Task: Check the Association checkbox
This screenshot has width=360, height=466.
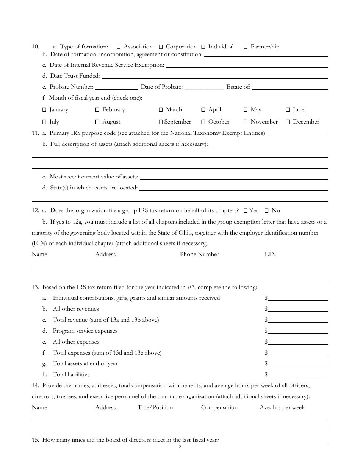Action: (119, 47)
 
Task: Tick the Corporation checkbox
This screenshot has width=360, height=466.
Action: (161, 47)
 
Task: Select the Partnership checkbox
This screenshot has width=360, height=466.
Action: (246, 47)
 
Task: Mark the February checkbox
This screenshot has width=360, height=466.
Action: (97, 110)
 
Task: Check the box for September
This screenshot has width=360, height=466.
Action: (161, 122)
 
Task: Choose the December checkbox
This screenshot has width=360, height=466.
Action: (288, 122)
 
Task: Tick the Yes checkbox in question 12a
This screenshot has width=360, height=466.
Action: (246, 211)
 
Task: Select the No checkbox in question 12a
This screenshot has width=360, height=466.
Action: (267, 211)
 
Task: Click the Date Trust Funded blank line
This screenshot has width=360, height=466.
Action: (214, 77)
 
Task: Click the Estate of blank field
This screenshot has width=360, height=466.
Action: (290, 88)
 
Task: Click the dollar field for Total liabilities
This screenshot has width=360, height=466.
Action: (298, 375)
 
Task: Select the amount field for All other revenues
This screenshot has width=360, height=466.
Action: (298, 310)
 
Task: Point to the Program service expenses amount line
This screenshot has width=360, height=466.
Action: (298, 332)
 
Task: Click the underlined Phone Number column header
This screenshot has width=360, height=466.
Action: (199, 255)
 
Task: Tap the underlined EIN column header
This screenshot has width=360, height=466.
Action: (270, 255)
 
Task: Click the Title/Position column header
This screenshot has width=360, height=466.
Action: (155, 408)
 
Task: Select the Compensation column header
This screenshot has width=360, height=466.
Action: (219, 408)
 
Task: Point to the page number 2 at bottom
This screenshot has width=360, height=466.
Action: (180, 447)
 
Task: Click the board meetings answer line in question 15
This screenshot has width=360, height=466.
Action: (274, 441)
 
